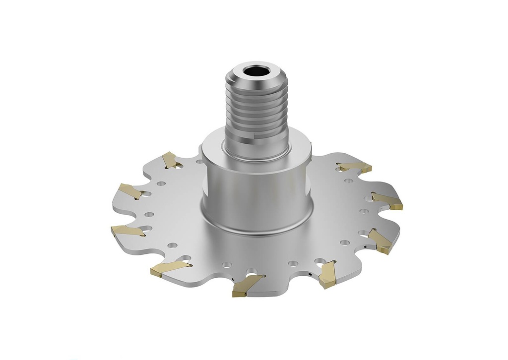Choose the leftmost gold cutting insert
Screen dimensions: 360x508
click(127, 231)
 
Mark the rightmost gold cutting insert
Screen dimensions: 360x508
click(388, 201)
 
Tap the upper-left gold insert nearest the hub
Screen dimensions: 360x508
click(170, 160)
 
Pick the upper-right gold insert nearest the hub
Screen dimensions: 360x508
click(355, 167)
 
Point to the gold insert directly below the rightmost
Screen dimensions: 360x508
click(381, 240)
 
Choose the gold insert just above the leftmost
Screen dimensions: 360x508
click(130, 191)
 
